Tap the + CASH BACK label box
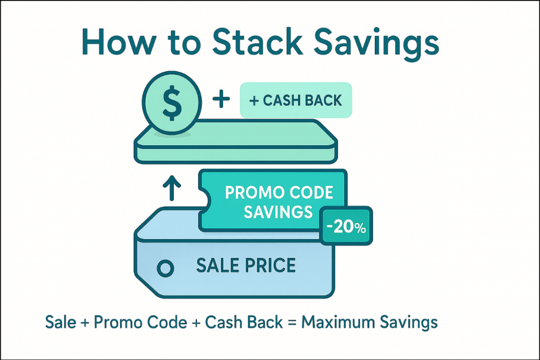(295, 100)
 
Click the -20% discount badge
(346, 227)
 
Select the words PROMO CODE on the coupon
(278, 193)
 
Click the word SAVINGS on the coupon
(278, 212)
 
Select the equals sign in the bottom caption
(291, 323)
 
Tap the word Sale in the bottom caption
(60, 323)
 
